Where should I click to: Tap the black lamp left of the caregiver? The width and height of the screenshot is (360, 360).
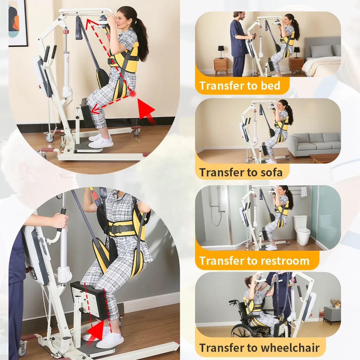[221, 52]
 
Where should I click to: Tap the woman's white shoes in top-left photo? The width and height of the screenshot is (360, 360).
[101, 140]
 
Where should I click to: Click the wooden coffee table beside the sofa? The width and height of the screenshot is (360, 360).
[324, 158]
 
